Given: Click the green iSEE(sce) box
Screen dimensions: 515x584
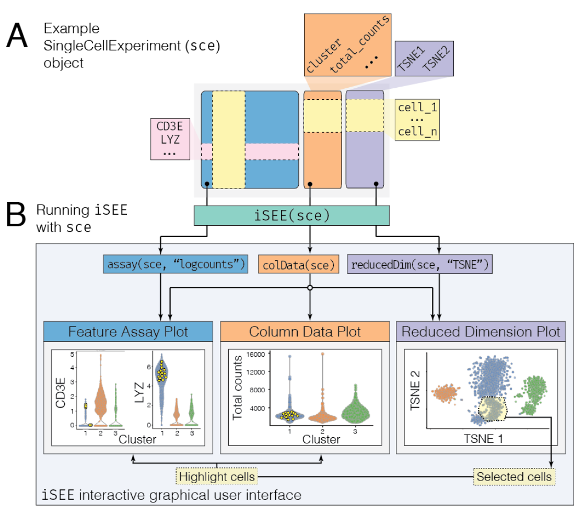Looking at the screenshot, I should coord(291,215).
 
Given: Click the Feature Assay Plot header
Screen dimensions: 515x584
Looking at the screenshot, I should coord(127,331).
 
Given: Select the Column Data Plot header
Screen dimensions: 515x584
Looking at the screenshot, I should coord(305,331).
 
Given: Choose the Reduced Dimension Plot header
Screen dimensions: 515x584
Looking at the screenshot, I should coord(481,331).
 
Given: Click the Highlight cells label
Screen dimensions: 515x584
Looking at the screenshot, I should coord(217,477).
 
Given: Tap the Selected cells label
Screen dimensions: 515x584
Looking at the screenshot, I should coord(513,477).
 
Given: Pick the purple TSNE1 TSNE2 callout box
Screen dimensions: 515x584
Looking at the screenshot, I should coord(424,59).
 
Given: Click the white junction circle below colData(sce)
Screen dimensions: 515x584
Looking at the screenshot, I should coord(310,288).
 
